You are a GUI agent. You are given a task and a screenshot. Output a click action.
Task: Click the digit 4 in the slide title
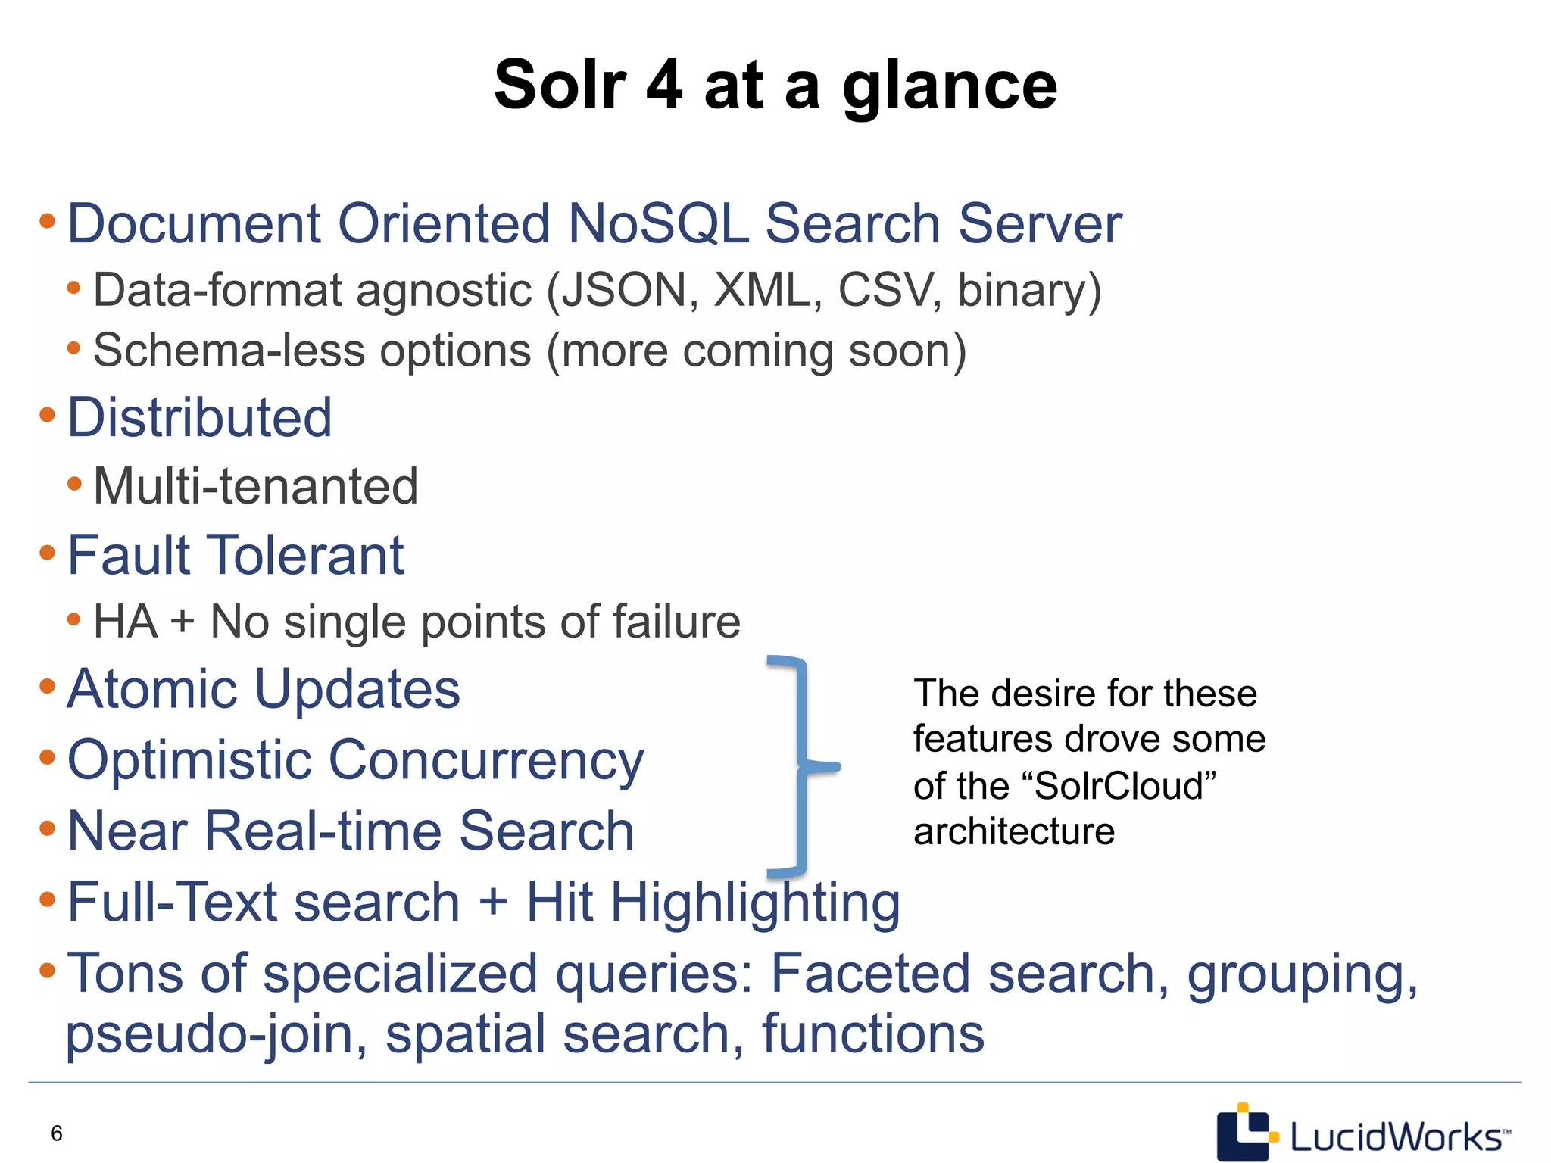pyautogui.click(x=664, y=85)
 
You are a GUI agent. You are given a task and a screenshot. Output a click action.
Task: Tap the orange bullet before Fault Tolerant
pyautogui.click(x=47, y=553)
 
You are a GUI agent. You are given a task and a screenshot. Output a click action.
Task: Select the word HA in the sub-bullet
pyautogui.click(x=125, y=622)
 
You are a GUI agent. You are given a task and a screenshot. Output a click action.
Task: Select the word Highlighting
pyautogui.click(x=755, y=903)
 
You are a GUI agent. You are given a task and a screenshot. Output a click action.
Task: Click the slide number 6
pyautogui.click(x=57, y=1133)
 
